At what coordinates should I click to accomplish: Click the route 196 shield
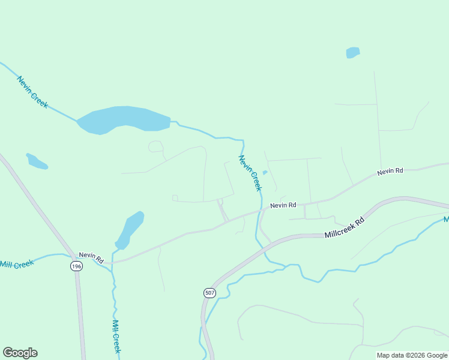click(76, 266)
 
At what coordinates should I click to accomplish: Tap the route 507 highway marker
click(209, 293)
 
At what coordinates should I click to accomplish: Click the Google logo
click(20, 353)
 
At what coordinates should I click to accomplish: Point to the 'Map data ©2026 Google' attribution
click(412, 355)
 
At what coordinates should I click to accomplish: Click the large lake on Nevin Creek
click(123, 119)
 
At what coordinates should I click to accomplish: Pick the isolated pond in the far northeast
click(353, 53)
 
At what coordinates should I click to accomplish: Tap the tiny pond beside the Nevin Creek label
click(265, 173)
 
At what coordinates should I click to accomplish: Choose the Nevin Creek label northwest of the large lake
click(32, 92)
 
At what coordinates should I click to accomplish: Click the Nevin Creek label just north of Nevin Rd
click(250, 173)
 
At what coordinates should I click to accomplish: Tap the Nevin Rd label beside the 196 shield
click(91, 259)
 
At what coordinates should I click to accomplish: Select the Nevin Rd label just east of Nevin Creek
click(283, 205)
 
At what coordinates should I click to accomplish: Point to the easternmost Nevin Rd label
click(390, 172)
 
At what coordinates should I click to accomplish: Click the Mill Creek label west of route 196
click(17, 264)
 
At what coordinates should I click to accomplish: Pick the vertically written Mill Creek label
click(116, 335)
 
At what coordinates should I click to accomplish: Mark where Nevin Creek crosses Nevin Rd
click(261, 211)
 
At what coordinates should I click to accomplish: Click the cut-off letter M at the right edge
click(446, 220)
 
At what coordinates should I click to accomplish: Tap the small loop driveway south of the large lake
click(155, 146)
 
